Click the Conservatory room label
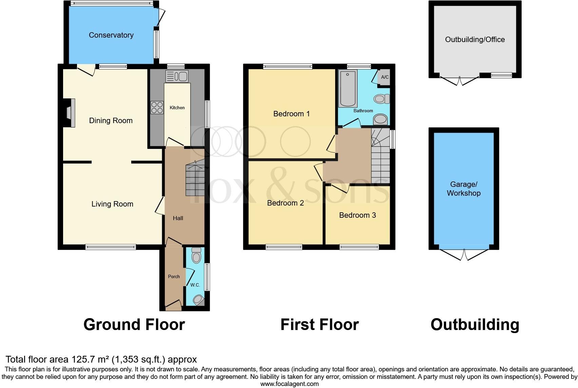click(x=111, y=35)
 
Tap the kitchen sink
click(x=177, y=76)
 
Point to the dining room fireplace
click(x=70, y=113)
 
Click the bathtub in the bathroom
click(x=348, y=89)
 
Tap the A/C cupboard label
click(x=385, y=77)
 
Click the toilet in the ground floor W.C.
click(x=196, y=255)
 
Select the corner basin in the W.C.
click(x=199, y=299)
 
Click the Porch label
click(x=174, y=276)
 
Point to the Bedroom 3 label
click(x=358, y=215)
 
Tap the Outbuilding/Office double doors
click(x=460, y=81)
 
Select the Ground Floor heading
click(x=134, y=325)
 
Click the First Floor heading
click(x=319, y=325)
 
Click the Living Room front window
click(x=111, y=247)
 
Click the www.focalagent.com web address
click(x=289, y=384)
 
